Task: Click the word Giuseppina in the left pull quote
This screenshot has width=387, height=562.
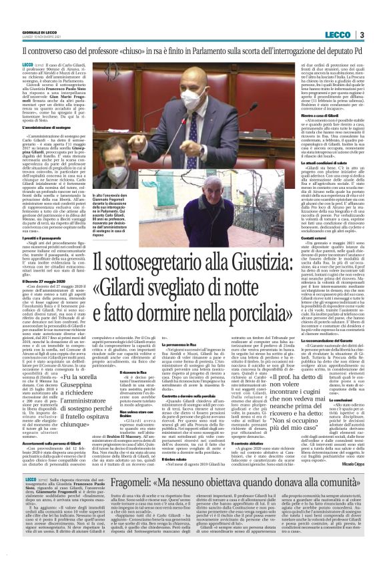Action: (69, 387)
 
